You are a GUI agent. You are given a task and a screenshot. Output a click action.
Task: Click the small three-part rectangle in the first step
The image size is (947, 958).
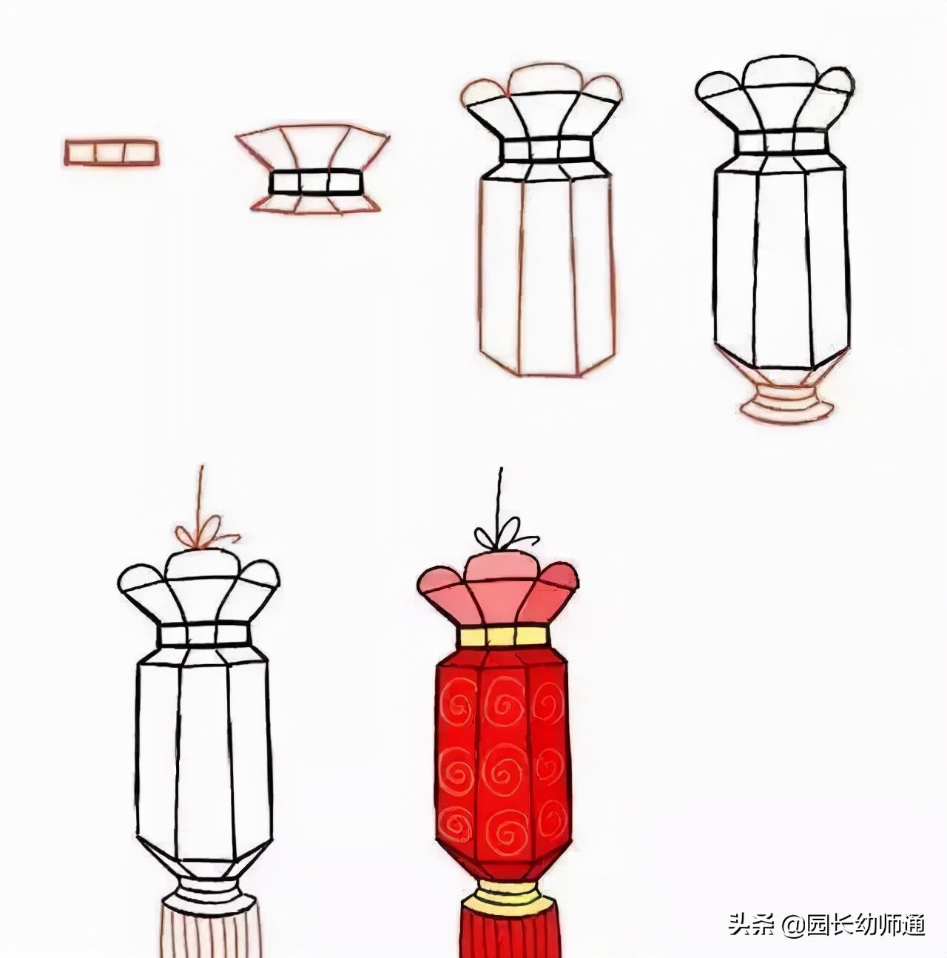point(110,151)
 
